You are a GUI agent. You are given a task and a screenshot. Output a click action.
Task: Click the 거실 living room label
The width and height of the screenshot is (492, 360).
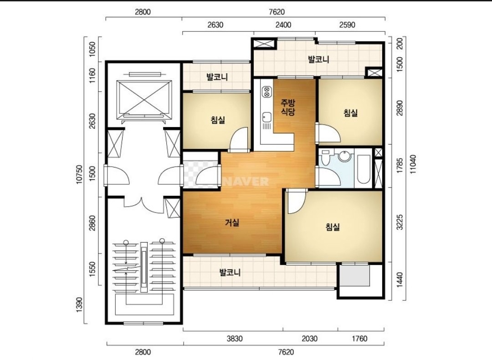tap(232, 223)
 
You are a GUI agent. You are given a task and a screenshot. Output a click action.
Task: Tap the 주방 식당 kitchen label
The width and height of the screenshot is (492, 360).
tap(288, 107)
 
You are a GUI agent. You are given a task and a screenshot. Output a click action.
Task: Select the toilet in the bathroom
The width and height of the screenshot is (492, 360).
tap(325, 157)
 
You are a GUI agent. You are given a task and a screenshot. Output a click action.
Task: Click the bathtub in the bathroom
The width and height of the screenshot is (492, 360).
tap(364, 169)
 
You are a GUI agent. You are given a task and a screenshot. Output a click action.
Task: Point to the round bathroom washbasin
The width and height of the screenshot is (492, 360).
tap(344, 156)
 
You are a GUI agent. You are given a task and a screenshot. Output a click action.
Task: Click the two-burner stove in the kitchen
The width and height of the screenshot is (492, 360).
tap(267, 91)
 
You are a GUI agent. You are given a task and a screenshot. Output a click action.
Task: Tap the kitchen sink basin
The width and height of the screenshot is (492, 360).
tap(266, 117)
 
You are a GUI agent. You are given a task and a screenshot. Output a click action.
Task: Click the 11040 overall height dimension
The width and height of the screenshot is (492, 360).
tap(412, 164)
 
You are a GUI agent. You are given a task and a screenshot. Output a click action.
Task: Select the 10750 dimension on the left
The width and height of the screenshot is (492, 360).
tap(79, 175)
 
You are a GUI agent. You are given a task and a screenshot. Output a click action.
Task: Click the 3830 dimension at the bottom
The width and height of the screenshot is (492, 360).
tap(235, 339)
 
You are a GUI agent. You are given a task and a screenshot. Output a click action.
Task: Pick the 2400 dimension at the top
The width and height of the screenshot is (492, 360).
tap(283, 25)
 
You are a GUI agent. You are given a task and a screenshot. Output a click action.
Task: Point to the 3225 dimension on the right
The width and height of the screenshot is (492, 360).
tap(400, 223)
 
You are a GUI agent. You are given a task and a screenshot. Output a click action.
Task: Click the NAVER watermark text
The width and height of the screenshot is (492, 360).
tap(246, 182)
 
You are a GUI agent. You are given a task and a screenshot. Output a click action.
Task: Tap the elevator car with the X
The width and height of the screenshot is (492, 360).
tap(144, 100)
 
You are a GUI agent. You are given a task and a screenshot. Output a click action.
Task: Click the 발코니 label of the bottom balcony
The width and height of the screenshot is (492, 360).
tap(230, 272)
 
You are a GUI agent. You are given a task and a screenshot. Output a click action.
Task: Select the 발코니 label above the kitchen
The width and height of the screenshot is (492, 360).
tap(318, 59)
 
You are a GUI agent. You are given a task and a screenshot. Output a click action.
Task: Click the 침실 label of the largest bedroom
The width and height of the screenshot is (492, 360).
tap(332, 227)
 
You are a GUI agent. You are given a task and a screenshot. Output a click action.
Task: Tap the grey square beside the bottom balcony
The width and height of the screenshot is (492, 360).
tap(355, 276)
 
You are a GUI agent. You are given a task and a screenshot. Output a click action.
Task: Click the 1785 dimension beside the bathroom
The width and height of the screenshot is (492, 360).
tap(400, 166)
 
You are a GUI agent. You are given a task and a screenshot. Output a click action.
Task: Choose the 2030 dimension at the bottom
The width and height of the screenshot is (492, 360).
tap(309, 339)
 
